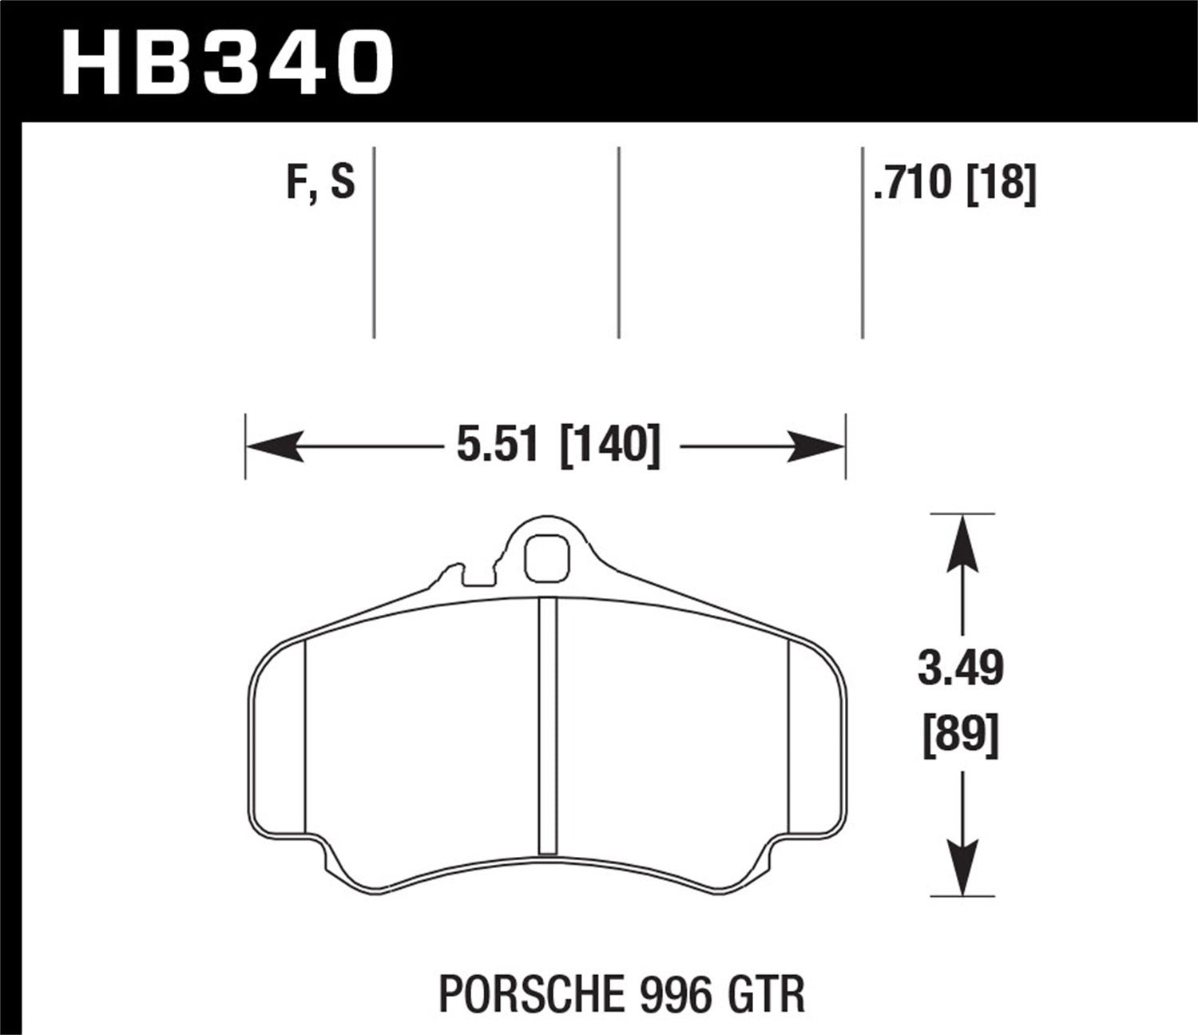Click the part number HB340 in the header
click(x=228, y=61)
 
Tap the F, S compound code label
click(x=319, y=183)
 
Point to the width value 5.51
click(x=498, y=444)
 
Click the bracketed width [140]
click(x=610, y=444)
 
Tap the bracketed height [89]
click(x=960, y=736)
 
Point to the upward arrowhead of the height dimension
click(x=962, y=543)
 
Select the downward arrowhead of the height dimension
click(x=962, y=866)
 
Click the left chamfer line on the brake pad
click(x=306, y=735)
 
